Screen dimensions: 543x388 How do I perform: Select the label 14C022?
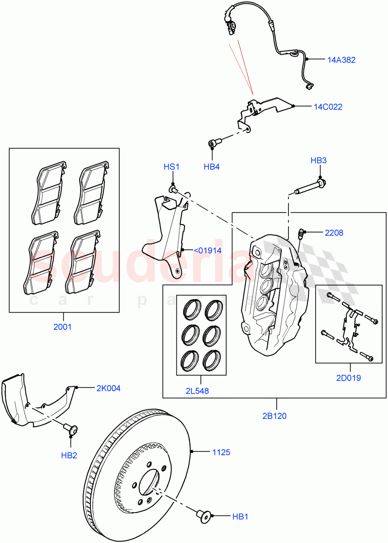tap(328, 107)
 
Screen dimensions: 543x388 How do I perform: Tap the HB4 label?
tap(211, 167)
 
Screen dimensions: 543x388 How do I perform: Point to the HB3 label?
tap(318, 160)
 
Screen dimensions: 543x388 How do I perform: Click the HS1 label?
tap(171, 167)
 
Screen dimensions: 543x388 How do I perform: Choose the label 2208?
tap(334, 233)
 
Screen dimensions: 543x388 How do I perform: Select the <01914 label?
tap(208, 250)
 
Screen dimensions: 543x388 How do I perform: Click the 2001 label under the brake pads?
tap(62, 327)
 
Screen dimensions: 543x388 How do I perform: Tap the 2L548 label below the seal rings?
tap(197, 391)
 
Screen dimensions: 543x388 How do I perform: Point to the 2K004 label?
tap(108, 388)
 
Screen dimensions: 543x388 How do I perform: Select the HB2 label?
tap(69, 455)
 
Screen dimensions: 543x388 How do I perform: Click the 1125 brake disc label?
tap(222, 452)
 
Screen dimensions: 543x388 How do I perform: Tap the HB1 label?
tap(240, 516)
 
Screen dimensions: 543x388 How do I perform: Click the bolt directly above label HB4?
tap(213, 144)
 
